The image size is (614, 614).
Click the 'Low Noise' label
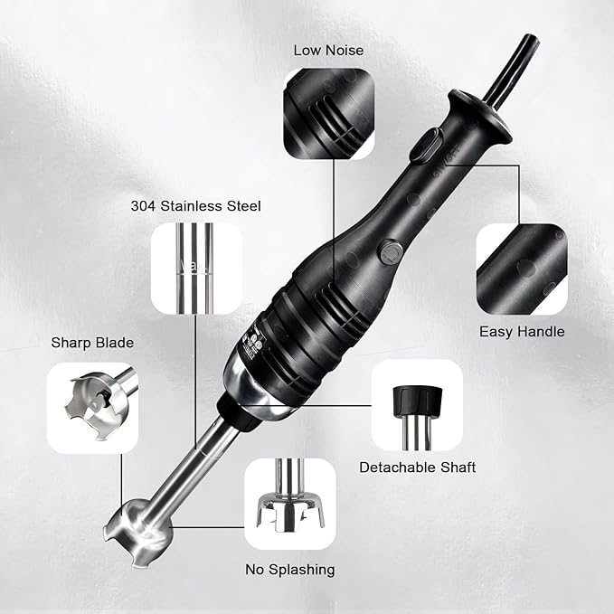[329, 49]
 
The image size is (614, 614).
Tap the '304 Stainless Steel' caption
[196, 206]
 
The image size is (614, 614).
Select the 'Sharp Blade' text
[92, 343]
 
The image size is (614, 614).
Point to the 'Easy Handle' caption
[522, 332]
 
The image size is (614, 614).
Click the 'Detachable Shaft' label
[417, 468]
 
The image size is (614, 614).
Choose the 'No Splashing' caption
[290, 570]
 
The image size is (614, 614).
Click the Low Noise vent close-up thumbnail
[329, 114]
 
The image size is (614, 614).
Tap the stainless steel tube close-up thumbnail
[196, 268]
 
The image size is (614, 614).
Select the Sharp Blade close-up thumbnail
[93, 407]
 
